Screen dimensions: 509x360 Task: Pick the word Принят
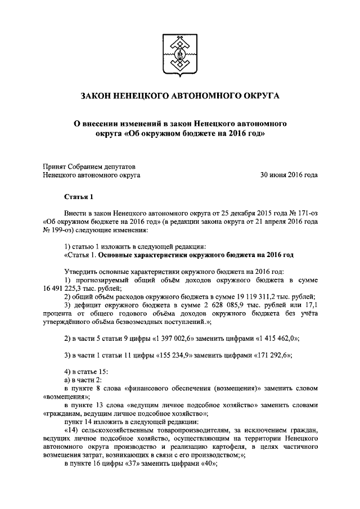56,166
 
